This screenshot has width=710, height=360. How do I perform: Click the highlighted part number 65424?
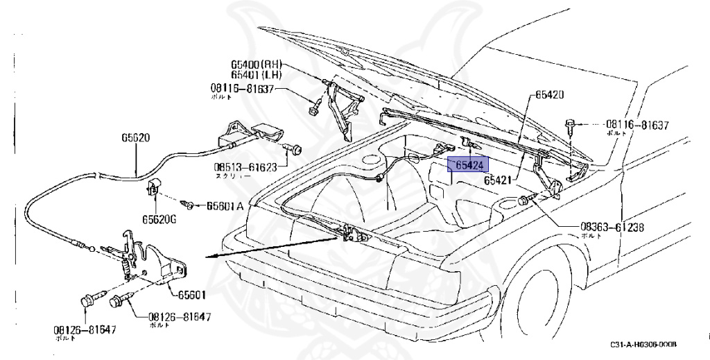click(469, 164)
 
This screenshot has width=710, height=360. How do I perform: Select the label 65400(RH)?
click(254, 62)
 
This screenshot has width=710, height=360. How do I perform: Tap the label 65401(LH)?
click(254, 74)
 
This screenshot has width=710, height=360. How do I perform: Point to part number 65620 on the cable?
click(135, 138)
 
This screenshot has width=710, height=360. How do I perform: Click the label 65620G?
click(160, 219)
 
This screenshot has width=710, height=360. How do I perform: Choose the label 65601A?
click(225, 206)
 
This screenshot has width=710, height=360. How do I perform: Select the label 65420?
click(550, 94)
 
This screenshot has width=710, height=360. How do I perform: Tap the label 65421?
click(498, 180)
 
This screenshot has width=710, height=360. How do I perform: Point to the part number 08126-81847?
click(179, 318)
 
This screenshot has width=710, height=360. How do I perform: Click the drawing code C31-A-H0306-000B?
click(643, 345)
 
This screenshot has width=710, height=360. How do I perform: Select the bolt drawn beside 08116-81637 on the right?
click(570, 126)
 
